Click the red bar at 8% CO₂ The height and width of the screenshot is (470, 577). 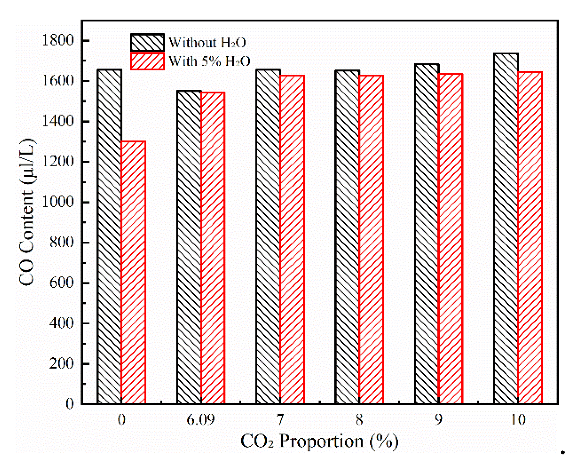coord(371,239)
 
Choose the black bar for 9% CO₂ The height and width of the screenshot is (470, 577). coord(427,234)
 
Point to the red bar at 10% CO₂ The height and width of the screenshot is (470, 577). coord(530,238)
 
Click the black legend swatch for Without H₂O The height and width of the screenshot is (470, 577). coord(147,43)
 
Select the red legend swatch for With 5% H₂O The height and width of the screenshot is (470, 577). coord(147,61)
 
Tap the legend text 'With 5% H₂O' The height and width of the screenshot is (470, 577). coord(209,61)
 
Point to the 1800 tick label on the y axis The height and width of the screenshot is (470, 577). coord(58,40)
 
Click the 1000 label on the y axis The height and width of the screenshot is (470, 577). coord(58,202)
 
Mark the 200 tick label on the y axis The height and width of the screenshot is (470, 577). coord(61,363)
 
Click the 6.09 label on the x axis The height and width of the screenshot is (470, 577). coord(200,420)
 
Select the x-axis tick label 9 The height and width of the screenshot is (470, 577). coord(438,420)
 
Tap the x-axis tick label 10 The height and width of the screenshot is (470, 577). coord(518,420)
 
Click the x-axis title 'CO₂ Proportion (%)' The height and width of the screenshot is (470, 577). coord(319,442)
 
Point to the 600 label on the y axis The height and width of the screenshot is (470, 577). coord(61,283)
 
